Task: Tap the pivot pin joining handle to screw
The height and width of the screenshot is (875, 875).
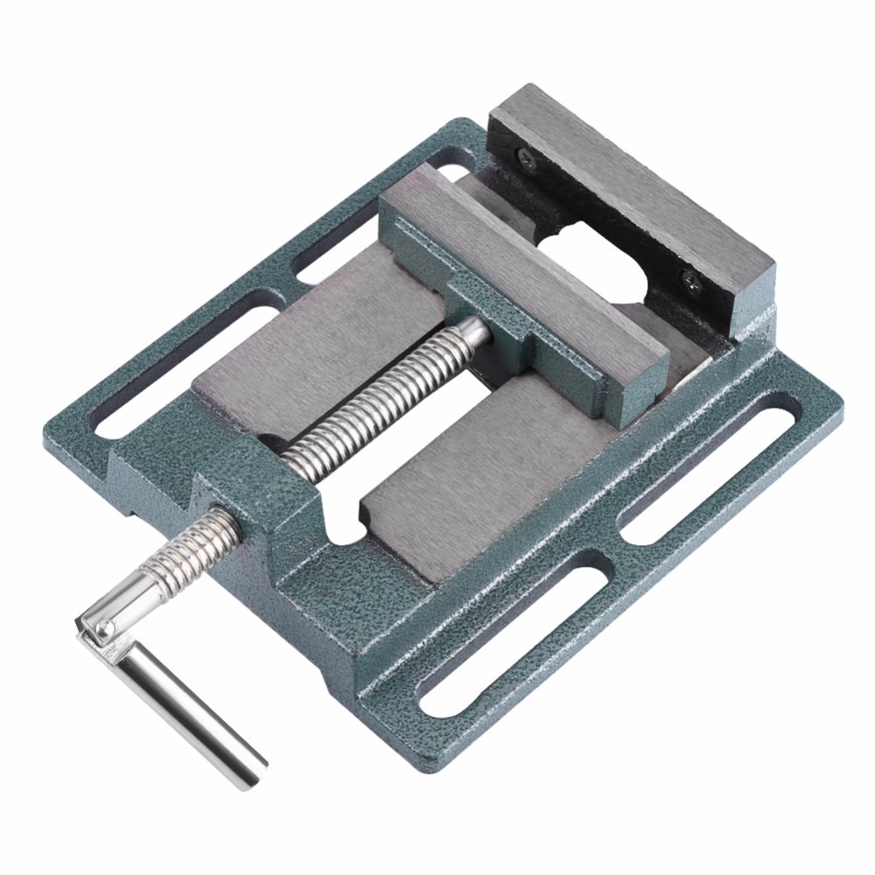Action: (x=103, y=626)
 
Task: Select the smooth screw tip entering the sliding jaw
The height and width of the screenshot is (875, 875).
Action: (x=473, y=332)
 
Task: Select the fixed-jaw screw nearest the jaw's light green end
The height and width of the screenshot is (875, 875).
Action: (x=690, y=281)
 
